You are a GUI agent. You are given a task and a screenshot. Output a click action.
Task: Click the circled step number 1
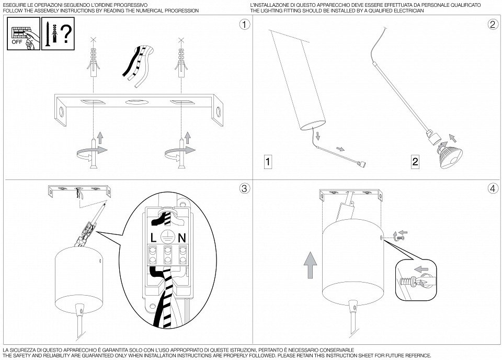(x=245, y=25)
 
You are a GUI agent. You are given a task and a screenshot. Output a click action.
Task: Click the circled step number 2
(x=493, y=25)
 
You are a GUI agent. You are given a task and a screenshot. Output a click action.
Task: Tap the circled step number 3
(x=244, y=189)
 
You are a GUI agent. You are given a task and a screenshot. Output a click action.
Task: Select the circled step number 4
(x=493, y=189)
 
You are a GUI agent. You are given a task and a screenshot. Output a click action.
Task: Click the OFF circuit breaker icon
(x=24, y=33)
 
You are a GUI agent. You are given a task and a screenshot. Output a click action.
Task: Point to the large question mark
(x=66, y=35)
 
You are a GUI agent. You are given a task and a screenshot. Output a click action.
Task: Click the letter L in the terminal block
(x=153, y=238)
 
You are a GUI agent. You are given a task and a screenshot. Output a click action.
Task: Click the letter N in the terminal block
(x=182, y=238)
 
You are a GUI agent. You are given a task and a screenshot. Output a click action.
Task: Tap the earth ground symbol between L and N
(x=167, y=236)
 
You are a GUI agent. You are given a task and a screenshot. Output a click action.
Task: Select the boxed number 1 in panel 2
(x=268, y=161)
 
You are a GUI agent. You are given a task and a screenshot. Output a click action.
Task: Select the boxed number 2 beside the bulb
(x=415, y=161)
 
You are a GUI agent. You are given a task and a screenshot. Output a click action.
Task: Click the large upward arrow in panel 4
(x=310, y=265)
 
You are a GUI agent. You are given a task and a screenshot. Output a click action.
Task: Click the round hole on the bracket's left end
(x=61, y=113)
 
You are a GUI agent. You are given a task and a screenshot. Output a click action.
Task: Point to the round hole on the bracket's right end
(x=219, y=113)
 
